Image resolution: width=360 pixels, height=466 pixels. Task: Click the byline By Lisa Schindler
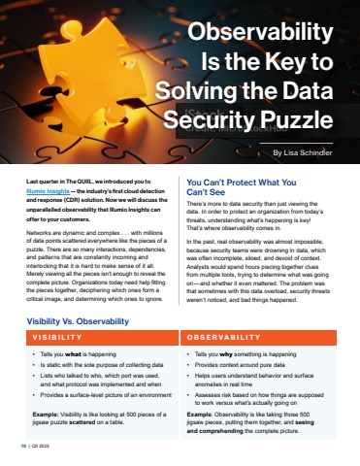(x=302, y=152)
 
